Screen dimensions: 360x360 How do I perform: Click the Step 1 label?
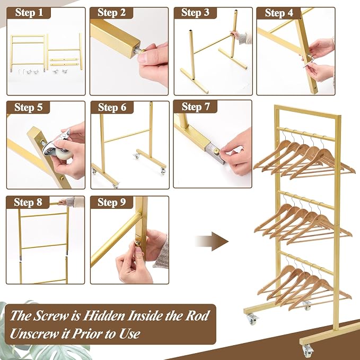coord(29,13)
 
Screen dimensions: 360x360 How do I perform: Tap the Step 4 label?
coord(279,13)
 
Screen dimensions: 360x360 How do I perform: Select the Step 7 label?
coord(196,107)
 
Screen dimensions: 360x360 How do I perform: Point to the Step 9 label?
coord(112,203)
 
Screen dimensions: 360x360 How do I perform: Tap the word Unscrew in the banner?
coord(34,333)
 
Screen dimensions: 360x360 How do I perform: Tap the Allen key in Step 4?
coord(308,60)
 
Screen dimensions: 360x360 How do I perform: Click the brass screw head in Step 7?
coord(216,151)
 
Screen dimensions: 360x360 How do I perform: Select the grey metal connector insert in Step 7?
coord(214,153)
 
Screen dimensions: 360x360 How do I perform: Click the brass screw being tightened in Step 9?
coord(138,243)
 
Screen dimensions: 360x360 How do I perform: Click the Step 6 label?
coord(112,108)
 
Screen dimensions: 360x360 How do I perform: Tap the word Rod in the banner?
coord(197,315)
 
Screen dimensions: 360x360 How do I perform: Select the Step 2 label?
coord(111,13)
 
